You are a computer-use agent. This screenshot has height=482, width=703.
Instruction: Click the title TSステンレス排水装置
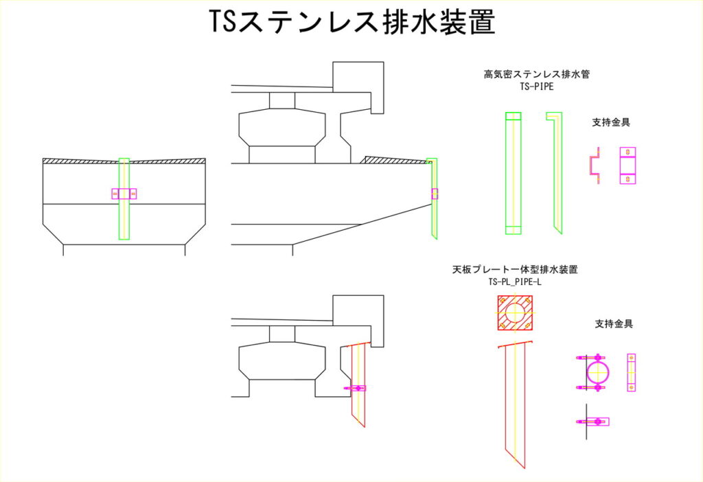352,21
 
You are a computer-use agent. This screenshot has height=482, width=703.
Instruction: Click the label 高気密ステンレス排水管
537,74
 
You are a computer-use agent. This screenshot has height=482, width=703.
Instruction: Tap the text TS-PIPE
537,87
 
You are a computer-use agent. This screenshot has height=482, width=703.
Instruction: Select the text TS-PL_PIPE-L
515,282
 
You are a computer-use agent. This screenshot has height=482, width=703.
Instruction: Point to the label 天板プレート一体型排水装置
515,269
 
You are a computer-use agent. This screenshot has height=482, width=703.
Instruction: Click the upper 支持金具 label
611,122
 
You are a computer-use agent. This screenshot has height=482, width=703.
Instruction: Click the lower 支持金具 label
614,323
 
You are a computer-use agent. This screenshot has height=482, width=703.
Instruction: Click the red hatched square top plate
515,313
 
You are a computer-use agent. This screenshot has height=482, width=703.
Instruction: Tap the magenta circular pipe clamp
592,372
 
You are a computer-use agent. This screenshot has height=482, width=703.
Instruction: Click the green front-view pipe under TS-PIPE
514,173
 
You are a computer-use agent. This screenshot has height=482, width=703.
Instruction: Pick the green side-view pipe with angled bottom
555,173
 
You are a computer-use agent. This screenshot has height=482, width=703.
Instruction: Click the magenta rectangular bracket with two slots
627,165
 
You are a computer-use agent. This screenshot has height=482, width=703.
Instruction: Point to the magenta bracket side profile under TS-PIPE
595,165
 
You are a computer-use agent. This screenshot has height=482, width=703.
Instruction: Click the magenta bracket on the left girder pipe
124,194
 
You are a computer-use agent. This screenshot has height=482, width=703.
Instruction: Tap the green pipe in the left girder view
124,198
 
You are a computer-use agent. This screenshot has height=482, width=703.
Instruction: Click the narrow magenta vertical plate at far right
632,373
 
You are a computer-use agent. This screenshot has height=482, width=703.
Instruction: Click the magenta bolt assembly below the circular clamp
592,422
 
